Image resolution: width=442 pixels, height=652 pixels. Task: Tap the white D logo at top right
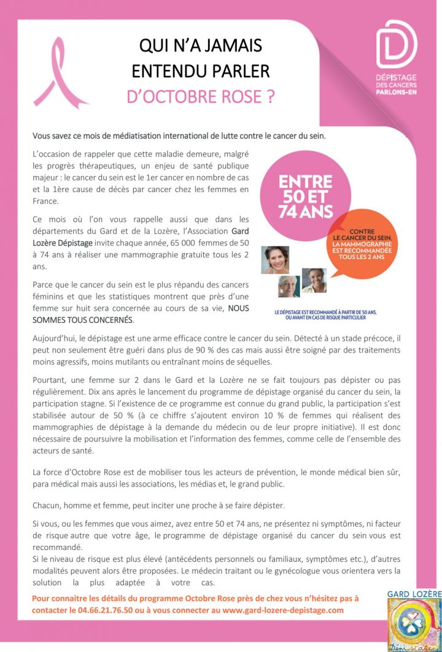tap(396, 44)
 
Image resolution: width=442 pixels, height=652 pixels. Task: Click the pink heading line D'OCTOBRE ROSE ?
tap(200, 97)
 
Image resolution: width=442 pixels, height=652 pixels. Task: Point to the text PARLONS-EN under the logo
tap(396, 92)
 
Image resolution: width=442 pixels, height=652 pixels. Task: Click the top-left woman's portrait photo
tap(275, 260)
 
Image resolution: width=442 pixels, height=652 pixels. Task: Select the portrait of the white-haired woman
tap(289, 286)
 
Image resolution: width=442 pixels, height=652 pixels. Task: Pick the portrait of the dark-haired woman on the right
tap(314, 280)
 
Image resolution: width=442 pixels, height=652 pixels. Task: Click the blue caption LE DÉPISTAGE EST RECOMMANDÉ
tap(325, 314)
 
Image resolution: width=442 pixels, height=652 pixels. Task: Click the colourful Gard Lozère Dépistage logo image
tap(414, 624)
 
